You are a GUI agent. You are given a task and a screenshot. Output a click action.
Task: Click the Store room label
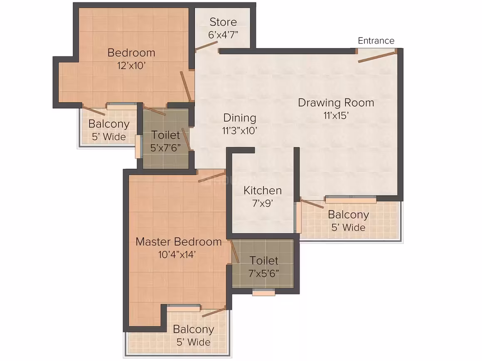pyautogui.click(x=223, y=22)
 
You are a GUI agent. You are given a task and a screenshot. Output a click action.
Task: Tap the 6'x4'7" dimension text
pyautogui.click(x=223, y=35)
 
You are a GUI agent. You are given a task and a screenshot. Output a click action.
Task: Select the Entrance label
pyautogui.click(x=376, y=41)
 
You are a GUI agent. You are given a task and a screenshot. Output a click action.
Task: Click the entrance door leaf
pyautogui.click(x=377, y=57)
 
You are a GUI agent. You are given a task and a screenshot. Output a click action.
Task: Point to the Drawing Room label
pyautogui.click(x=336, y=102)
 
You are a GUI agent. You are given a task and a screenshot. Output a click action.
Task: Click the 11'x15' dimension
pyautogui.click(x=336, y=115)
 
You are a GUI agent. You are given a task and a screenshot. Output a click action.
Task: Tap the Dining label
pyautogui.click(x=240, y=118)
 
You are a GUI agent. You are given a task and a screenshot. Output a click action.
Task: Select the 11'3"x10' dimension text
pyautogui.click(x=240, y=131)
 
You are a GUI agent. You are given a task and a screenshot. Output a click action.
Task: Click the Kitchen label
pyautogui.click(x=263, y=190)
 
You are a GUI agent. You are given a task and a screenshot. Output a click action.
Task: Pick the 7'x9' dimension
pyautogui.click(x=263, y=203)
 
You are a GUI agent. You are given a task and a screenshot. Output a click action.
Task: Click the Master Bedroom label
pyautogui.click(x=179, y=242)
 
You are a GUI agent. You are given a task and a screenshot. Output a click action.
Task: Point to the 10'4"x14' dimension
pyautogui.click(x=177, y=255)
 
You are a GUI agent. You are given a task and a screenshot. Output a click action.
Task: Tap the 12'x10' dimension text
pyautogui.click(x=131, y=66)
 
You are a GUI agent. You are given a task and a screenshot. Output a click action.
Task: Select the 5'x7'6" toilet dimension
pyautogui.click(x=165, y=148)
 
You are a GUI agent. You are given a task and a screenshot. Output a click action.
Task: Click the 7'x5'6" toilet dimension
pyautogui.click(x=264, y=273)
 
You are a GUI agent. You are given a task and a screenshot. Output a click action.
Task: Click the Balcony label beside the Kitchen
pyautogui.click(x=348, y=215)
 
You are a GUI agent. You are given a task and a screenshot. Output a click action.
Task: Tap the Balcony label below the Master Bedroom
pyautogui.click(x=193, y=329)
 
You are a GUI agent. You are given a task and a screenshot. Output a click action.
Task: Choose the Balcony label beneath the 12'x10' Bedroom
pyautogui.click(x=109, y=124)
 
